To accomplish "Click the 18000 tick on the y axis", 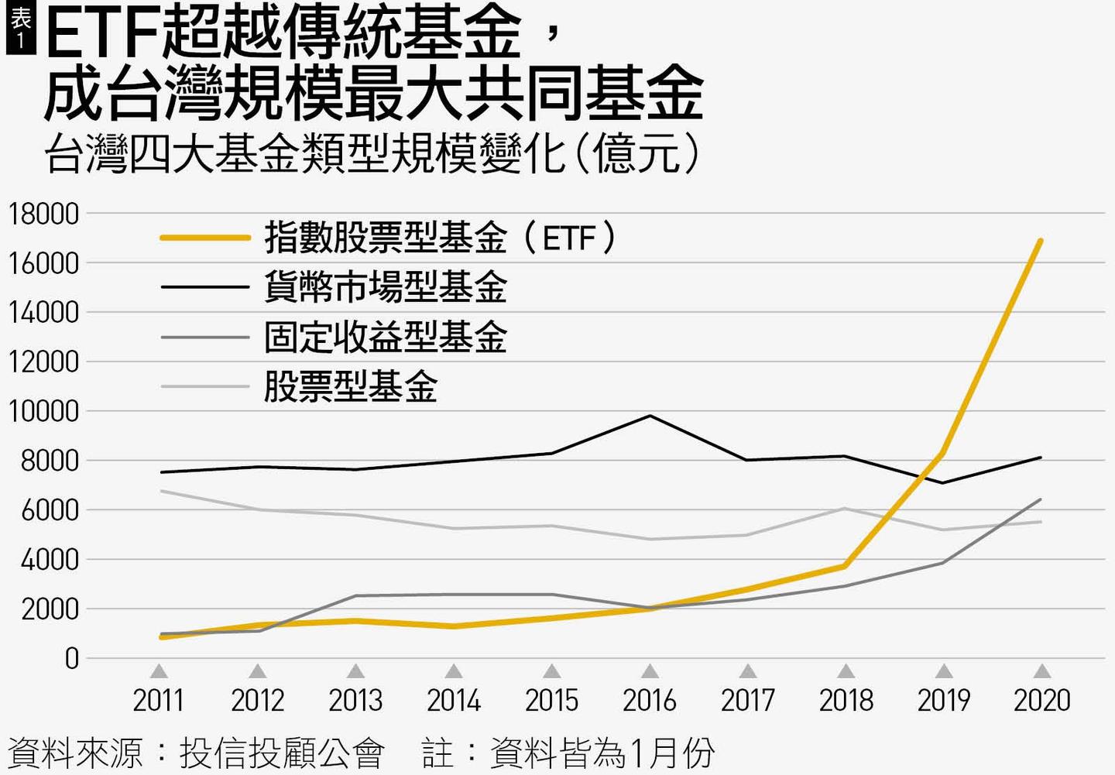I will (x=44, y=214).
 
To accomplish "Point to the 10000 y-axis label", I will (x=44, y=411).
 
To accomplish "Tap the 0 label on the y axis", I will (x=72, y=659).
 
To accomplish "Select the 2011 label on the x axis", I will (x=159, y=701).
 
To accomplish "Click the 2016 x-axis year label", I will (x=650, y=701).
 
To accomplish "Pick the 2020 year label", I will (x=1042, y=701).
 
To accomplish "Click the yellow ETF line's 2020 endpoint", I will (x=1040, y=241).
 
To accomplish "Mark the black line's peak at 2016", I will (x=650, y=416).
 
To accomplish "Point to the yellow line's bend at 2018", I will (x=846, y=566).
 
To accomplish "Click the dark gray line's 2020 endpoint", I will (x=1040, y=500).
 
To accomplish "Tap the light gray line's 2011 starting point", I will (x=161, y=491).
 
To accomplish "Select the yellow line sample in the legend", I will (x=205, y=238).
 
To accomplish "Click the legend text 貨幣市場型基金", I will (x=385, y=287).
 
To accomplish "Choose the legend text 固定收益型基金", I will (x=385, y=337).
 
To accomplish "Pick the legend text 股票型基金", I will (x=350, y=386).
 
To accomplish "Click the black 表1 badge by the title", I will (x=20, y=29).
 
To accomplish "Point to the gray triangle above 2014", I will (x=454, y=670).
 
